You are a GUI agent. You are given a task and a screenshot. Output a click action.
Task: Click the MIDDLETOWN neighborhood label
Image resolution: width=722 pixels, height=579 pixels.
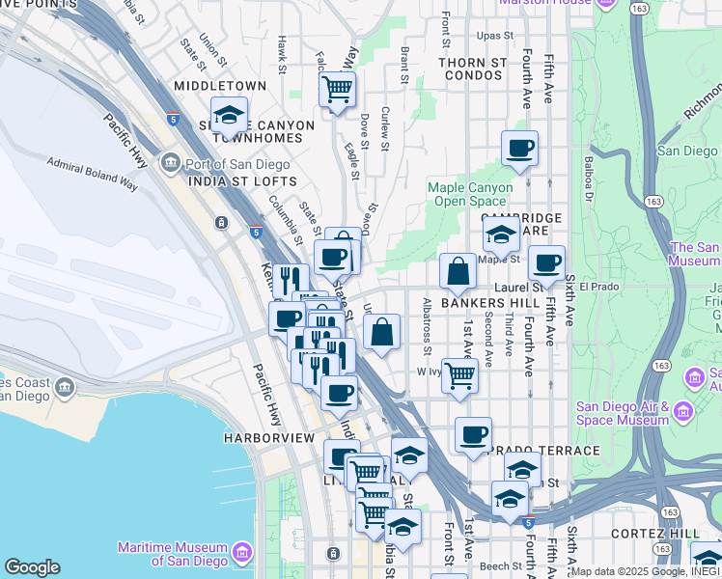(220, 86)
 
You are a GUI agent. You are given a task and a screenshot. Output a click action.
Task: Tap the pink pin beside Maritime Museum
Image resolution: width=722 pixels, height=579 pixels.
(241, 553)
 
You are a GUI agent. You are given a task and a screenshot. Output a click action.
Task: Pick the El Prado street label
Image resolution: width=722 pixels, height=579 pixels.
(599, 287)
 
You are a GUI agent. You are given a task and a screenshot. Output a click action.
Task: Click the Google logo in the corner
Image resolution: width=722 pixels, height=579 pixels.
(32, 567)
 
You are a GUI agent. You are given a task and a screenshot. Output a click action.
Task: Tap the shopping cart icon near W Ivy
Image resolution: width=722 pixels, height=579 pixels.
(460, 374)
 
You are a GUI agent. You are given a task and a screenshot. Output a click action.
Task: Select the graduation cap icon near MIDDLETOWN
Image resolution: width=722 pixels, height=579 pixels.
(229, 117)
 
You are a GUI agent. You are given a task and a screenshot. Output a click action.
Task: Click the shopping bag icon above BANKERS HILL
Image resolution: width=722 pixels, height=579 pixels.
(458, 271)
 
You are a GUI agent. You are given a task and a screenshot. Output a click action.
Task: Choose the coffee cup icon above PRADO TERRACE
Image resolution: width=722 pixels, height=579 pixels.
(473, 434)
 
